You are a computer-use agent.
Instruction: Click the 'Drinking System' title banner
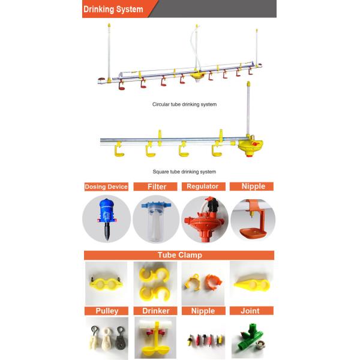pyautogui.click(x=114, y=9)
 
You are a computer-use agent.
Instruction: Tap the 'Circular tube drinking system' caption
pyautogui.click(x=184, y=104)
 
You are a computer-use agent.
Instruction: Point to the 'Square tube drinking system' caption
pyautogui.click(x=184, y=172)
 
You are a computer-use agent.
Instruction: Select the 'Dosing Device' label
pyautogui.click(x=106, y=187)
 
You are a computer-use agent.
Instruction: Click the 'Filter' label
pyautogui.click(x=157, y=187)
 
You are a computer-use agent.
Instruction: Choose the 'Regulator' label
pyautogui.click(x=202, y=187)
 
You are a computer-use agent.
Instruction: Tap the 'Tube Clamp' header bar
pyautogui.click(x=179, y=255)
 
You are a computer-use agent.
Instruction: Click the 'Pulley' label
pyautogui.click(x=107, y=311)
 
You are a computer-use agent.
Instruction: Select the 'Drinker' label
pyautogui.click(x=156, y=311)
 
